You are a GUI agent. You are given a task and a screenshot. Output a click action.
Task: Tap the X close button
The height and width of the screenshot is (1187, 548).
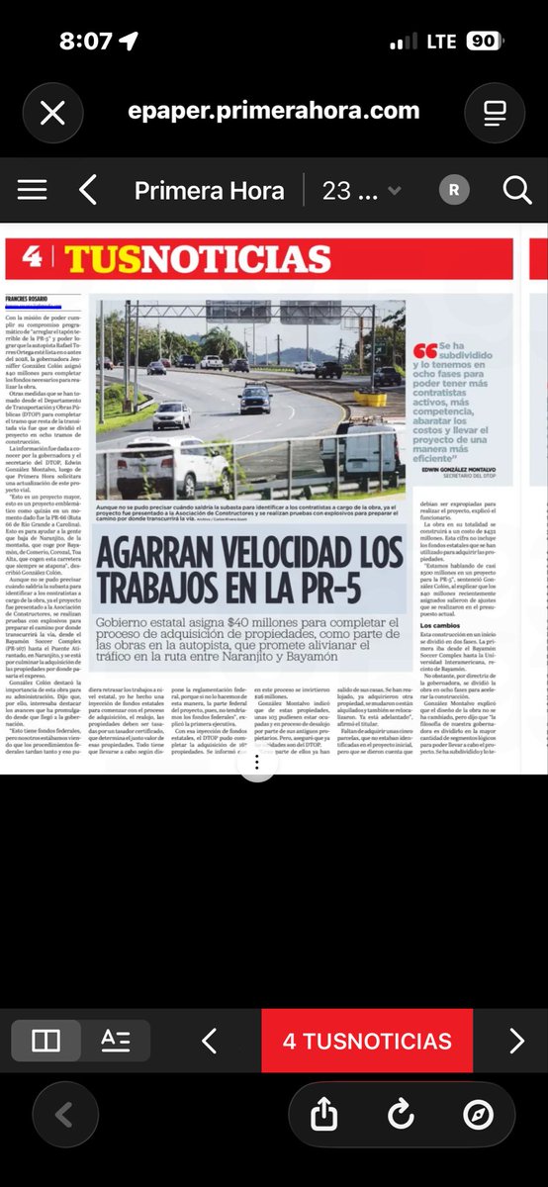point(52,112)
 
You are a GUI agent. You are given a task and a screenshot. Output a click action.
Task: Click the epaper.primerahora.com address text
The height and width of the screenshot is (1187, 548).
point(273,111)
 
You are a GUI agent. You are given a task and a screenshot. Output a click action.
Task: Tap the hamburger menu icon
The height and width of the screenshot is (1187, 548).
point(32,190)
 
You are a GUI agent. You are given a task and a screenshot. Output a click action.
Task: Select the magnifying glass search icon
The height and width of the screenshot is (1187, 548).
point(516,190)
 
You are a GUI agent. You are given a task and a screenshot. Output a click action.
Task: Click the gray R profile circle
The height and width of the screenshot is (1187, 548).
point(454,190)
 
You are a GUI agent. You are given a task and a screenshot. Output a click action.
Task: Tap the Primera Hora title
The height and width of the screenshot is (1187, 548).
point(209,190)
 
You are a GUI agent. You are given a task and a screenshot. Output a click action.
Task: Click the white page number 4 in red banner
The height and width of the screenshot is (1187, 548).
point(32,258)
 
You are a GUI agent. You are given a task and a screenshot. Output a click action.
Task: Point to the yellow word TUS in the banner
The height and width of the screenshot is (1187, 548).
point(98,259)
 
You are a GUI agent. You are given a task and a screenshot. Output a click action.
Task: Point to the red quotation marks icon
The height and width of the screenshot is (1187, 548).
point(425,351)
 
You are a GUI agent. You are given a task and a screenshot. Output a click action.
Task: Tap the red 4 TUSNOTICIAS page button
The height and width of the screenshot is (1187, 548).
point(367,1041)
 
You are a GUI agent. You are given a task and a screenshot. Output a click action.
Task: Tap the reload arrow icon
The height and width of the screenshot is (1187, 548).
point(401,1115)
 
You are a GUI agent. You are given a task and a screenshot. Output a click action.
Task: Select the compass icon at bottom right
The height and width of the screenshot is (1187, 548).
point(477,1115)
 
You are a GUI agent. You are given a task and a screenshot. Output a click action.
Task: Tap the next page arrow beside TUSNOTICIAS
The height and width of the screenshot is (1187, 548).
point(516,1041)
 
